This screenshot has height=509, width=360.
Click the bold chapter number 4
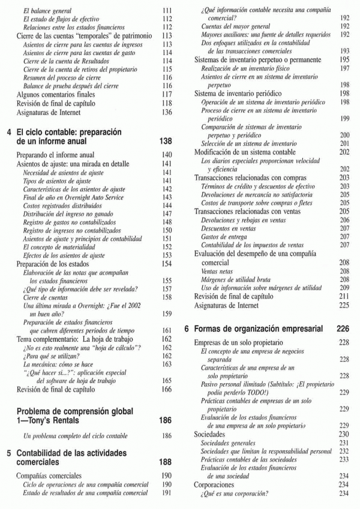tap(8, 132)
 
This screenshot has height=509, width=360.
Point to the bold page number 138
tap(167, 141)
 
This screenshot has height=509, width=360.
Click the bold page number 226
tap(343, 329)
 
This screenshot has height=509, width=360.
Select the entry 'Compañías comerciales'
tap(49, 476)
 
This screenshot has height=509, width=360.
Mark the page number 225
tap(344, 305)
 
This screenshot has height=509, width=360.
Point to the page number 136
tap(167, 112)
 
